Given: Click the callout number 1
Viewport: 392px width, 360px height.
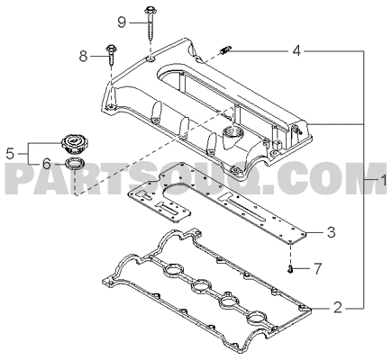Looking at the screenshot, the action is pos(384,182).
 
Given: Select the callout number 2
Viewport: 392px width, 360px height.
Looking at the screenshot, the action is pos(338,308).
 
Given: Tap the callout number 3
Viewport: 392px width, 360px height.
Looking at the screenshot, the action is pos(331,232).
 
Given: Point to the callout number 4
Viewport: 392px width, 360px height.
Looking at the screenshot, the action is pos(296,51).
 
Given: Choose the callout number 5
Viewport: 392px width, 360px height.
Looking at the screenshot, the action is pos(11,154).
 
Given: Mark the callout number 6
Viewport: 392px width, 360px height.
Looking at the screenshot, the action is pos(47,164).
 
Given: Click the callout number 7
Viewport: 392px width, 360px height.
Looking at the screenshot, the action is pos(317,268).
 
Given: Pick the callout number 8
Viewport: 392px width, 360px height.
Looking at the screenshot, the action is pos(84,56).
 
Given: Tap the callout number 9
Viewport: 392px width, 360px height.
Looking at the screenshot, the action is pos(122,22).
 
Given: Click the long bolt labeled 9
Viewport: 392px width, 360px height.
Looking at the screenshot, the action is pos(150,24).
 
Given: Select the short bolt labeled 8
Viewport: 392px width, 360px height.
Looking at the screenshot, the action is pos(111,56).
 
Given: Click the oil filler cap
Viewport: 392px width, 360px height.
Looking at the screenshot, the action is pos(73,143).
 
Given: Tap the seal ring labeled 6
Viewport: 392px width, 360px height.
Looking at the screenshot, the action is pos(75,164).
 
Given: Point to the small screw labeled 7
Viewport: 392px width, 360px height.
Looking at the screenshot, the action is pos(290,269).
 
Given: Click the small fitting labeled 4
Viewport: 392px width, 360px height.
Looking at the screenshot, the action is pos(225,50).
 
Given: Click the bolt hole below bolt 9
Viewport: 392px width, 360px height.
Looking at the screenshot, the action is pos(150,59).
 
